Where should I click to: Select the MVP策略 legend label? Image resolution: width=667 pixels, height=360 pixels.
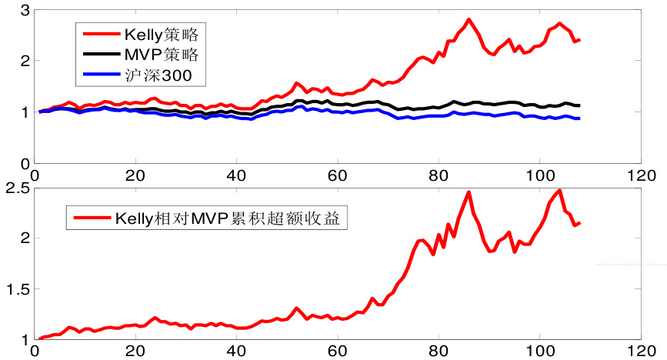(x=161, y=55)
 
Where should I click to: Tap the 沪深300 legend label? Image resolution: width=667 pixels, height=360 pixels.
(x=155, y=75)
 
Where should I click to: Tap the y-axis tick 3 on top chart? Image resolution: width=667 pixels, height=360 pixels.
(x=25, y=10)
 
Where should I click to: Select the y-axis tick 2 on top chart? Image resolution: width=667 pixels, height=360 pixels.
(x=25, y=61)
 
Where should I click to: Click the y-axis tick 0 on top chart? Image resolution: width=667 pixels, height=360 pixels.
(x=25, y=163)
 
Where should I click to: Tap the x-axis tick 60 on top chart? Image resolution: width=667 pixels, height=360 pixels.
(x=337, y=174)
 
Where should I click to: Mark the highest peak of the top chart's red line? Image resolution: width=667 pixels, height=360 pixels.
(x=469, y=20)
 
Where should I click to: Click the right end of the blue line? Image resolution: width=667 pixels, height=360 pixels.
(x=579, y=118)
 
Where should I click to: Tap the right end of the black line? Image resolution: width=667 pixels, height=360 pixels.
(x=579, y=105)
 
